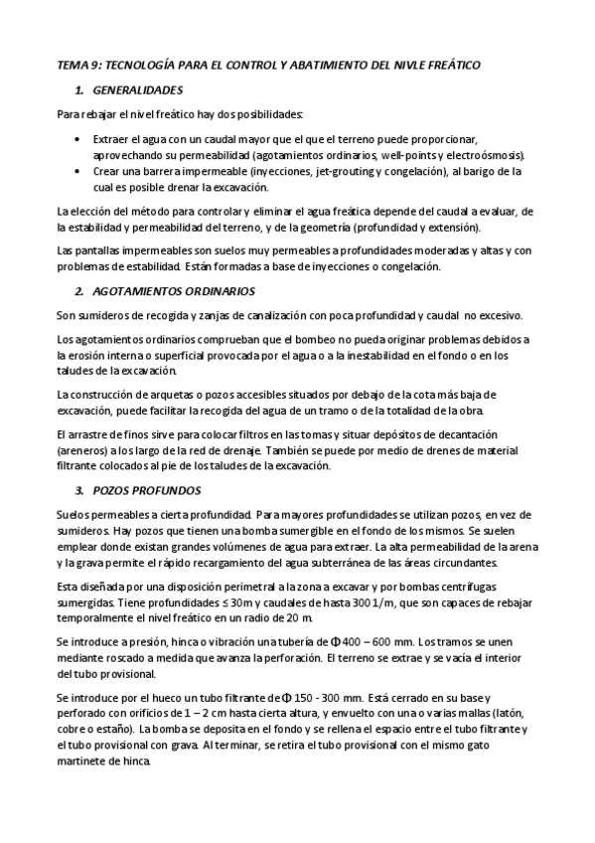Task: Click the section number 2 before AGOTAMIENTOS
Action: (x=78, y=291)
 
